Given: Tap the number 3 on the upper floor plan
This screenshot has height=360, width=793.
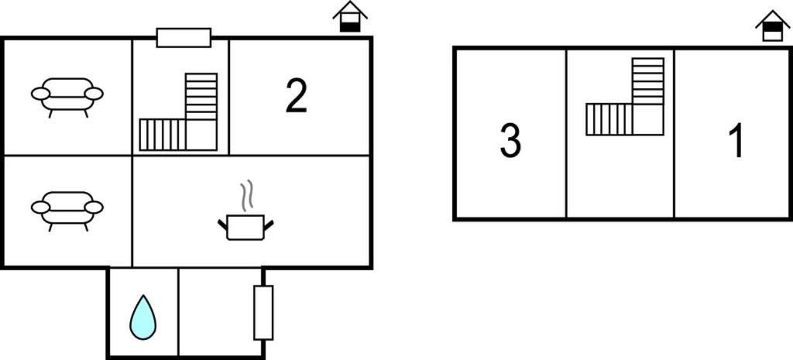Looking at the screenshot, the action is click(x=510, y=142).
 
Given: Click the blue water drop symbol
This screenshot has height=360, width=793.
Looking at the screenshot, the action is click(x=143, y=317).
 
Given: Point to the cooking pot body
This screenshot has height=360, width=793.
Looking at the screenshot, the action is click(x=245, y=228).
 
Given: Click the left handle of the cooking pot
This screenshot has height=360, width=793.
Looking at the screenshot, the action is click(x=222, y=225).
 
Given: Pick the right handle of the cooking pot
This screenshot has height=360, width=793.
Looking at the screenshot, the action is click(x=269, y=225).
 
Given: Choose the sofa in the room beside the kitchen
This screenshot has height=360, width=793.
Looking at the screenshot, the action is click(x=67, y=208).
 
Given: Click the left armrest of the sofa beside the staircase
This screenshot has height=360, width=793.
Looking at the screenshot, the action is click(x=40, y=94).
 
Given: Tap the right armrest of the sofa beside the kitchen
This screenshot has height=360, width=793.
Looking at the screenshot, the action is click(x=94, y=207).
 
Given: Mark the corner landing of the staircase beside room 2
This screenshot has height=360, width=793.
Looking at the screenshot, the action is click(x=201, y=135).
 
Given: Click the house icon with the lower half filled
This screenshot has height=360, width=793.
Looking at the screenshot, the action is click(x=350, y=17).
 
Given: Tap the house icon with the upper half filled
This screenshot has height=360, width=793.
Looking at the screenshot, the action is click(x=773, y=26).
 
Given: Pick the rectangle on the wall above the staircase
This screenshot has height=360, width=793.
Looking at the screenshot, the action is click(x=184, y=38).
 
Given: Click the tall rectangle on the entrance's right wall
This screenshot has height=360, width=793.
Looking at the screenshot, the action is click(x=263, y=313).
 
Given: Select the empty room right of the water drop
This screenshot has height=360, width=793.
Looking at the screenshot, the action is click(x=221, y=312).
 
